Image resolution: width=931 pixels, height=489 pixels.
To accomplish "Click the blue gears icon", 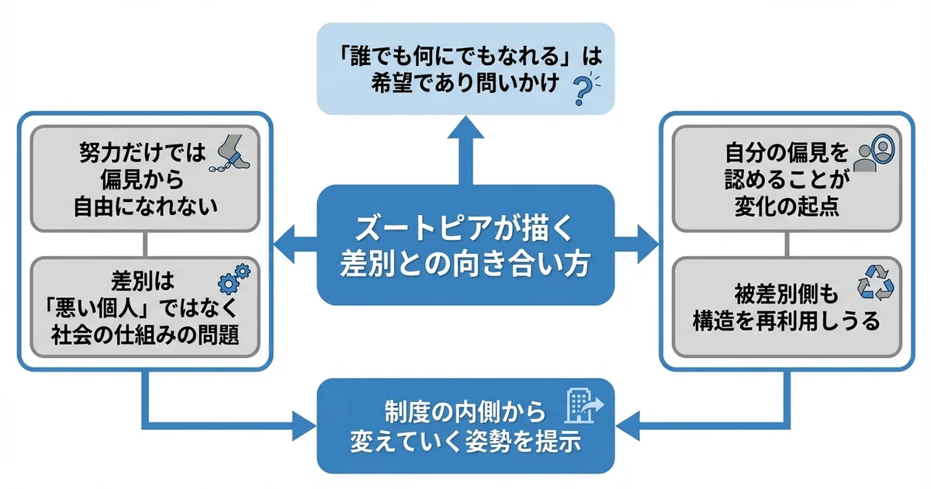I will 235,276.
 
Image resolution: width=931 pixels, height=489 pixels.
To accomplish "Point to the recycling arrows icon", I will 874,282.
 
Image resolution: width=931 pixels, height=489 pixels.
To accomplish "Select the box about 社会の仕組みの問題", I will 145,307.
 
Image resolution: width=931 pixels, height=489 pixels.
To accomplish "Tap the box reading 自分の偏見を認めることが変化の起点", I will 787,179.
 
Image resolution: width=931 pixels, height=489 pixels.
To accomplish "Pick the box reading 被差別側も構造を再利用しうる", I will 787,307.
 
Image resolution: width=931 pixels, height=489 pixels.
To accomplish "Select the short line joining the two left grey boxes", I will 145,244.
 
